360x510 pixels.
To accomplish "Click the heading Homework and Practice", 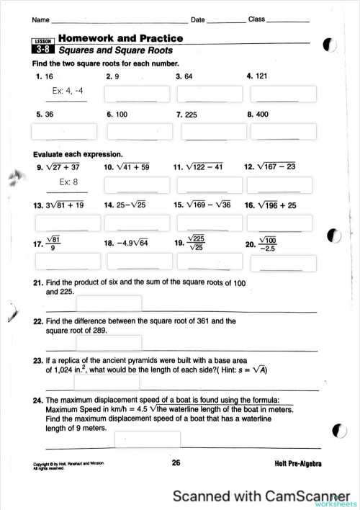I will [120, 38].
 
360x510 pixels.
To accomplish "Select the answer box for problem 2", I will [137, 94].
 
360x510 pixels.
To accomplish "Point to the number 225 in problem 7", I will [191, 114].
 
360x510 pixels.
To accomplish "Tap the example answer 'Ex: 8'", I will [65, 182].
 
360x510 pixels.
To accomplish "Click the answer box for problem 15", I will [208, 222].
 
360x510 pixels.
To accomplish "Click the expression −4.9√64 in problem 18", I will [132, 243].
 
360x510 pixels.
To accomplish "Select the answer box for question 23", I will [107, 382].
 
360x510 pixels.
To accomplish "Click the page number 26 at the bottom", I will [176, 463].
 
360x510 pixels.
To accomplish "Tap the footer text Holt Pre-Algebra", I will [298, 464].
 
